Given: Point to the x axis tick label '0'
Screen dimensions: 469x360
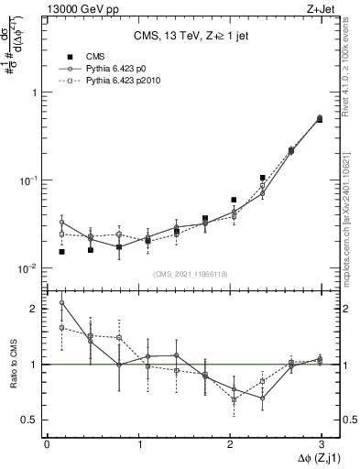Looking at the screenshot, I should click(x=47, y=443).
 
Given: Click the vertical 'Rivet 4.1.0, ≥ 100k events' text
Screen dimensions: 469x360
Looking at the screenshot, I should click(x=352, y=73).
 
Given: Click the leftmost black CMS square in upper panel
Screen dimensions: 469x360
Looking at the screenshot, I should click(x=61, y=251).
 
